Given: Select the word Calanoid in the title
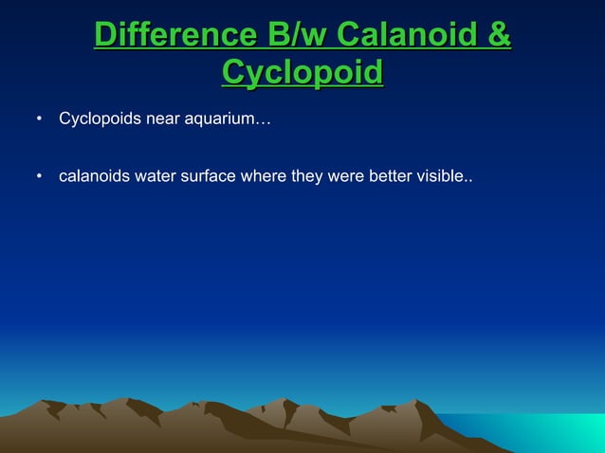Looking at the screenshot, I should pos(410,37).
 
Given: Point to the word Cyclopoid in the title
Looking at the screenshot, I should pos(302,72).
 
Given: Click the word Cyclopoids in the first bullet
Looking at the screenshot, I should pos(100,120).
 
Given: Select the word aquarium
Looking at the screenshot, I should pos(217,121).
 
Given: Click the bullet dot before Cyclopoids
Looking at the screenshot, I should pos(39,121).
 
